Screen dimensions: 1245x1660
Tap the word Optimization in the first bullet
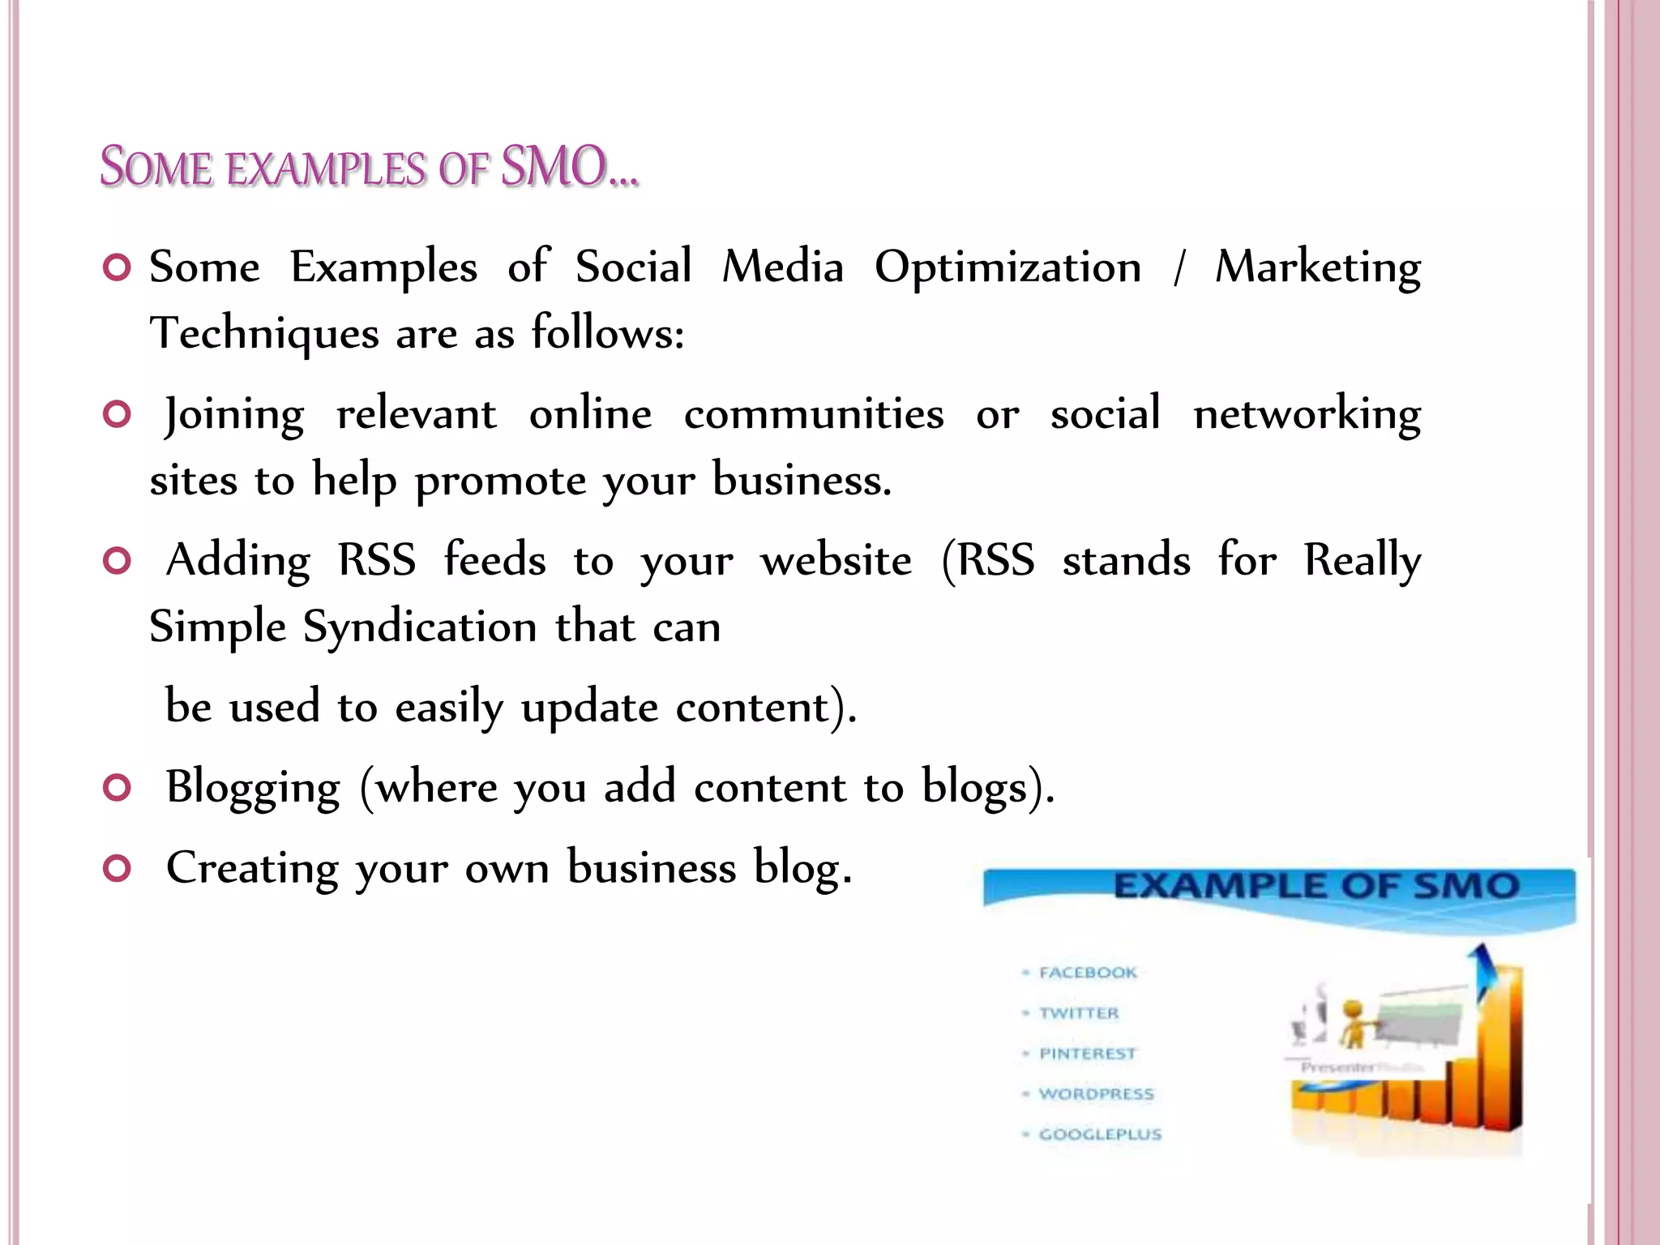click(1008, 267)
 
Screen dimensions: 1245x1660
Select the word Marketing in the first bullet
click(1317, 267)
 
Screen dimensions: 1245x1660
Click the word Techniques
click(264, 334)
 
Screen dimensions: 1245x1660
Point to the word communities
click(814, 414)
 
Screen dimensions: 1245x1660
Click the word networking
click(1307, 414)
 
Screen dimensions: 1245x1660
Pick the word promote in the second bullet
click(500, 481)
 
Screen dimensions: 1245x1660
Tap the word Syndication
click(420, 627)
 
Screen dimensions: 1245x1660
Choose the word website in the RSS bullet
click(836, 560)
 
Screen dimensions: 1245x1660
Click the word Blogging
click(253, 787)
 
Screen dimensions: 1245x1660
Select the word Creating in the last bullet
click(252, 868)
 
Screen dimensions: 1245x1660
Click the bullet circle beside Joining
click(118, 415)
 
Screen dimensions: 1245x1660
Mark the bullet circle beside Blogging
click(118, 788)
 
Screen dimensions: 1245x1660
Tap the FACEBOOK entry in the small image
click(1088, 973)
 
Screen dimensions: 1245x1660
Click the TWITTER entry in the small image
click(1079, 1013)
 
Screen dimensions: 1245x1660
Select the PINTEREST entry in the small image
click(1088, 1054)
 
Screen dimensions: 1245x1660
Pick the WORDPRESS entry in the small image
click(1096, 1094)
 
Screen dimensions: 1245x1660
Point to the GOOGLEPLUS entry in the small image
click(1100, 1135)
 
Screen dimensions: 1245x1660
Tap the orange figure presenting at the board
click(1351, 1023)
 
